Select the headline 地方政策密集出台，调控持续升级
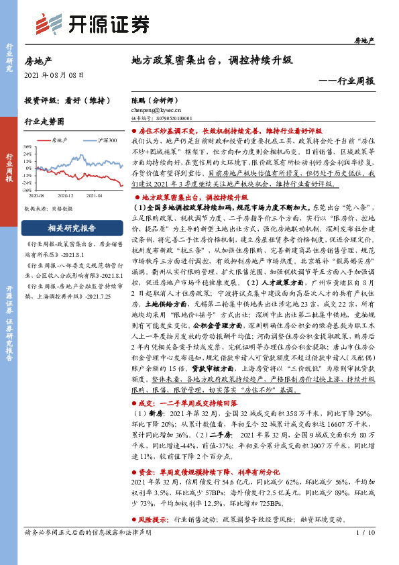pos(211,60)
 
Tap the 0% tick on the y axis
pos(29,168)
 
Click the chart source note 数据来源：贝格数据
pos(48,209)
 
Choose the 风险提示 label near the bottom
pos(154,519)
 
